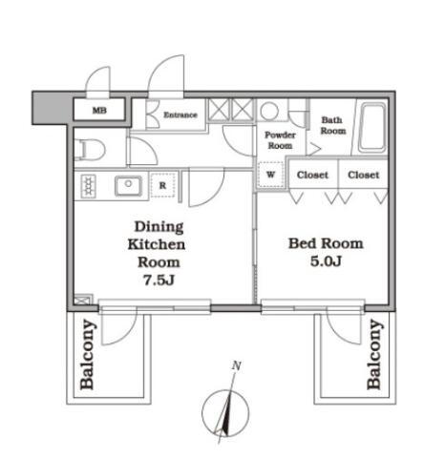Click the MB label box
pos(99,110)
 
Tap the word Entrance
pos(180,114)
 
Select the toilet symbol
pos(90,150)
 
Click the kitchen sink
pos(128,185)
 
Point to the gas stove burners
pos(89,186)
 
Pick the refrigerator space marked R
pos(162,185)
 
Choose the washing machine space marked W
pos(270,175)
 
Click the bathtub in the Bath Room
pos(372,128)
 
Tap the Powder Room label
pos(280,140)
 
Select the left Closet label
pos(312,175)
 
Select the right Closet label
pos(364,175)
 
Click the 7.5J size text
pos(159,280)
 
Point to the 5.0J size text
pos(326,261)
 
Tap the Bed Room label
pos(326,243)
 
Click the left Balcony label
pos(87,355)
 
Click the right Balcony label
pos(374,355)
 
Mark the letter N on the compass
pos(236,365)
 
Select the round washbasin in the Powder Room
pos(269,111)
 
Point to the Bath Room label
pos(333,125)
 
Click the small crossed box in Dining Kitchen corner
pos(83,300)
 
